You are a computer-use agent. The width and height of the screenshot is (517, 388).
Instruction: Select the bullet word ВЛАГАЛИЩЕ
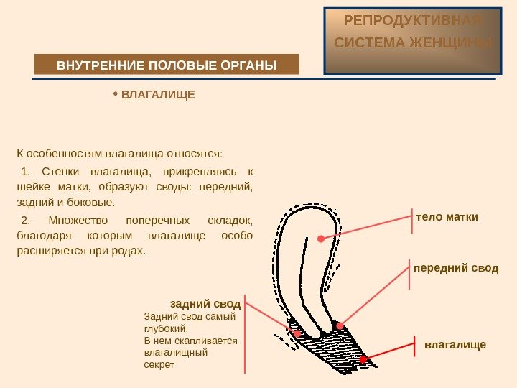tap(157, 94)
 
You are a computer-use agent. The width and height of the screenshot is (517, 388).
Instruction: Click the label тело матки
tap(447, 217)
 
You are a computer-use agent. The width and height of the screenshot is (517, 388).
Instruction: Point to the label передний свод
tap(455, 267)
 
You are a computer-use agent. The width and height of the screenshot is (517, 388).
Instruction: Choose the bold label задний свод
tap(205, 303)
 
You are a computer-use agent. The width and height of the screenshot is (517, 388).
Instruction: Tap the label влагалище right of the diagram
tap(455, 345)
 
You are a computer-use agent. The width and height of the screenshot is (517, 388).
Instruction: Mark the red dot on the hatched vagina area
tap(364, 359)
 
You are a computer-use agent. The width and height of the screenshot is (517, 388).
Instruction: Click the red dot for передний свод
tap(340, 325)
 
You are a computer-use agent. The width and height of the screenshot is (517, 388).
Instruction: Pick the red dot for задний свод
tap(297, 333)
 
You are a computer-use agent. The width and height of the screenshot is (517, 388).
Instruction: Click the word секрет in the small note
tap(159, 365)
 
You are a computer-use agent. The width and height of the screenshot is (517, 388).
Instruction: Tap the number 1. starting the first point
tap(27, 172)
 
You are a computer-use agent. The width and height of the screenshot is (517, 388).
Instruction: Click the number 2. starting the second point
tap(27, 220)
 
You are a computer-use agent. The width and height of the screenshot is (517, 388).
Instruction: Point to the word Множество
tap(77, 220)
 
